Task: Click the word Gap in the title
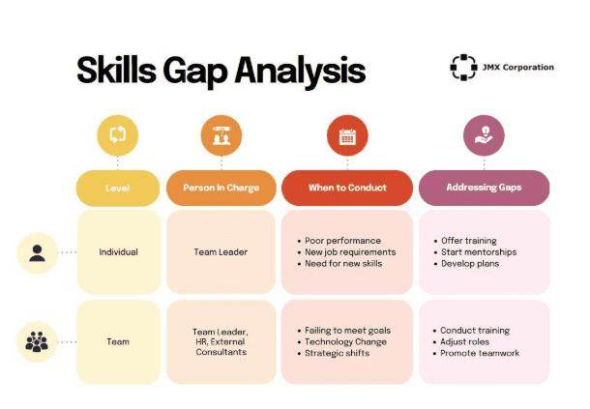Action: (195, 72)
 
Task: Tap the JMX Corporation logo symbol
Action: (463, 68)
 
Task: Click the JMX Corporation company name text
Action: (518, 68)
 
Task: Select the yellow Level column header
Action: (118, 188)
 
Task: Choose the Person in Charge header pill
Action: (221, 188)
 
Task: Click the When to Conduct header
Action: (347, 188)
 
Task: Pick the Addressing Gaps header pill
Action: (484, 188)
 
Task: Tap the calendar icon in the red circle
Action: (347, 136)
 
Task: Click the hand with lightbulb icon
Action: (484, 135)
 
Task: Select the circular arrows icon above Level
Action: (118, 134)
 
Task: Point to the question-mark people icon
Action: (221, 135)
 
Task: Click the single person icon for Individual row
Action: (38, 253)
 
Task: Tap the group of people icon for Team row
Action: (37, 341)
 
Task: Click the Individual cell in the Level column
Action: (119, 252)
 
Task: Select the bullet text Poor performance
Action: (342, 241)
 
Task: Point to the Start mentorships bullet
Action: (479, 252)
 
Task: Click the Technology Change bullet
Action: (345, 342)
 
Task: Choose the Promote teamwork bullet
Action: (480, 353)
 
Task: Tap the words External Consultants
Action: (221, 347)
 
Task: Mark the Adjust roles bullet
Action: (464, 342)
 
